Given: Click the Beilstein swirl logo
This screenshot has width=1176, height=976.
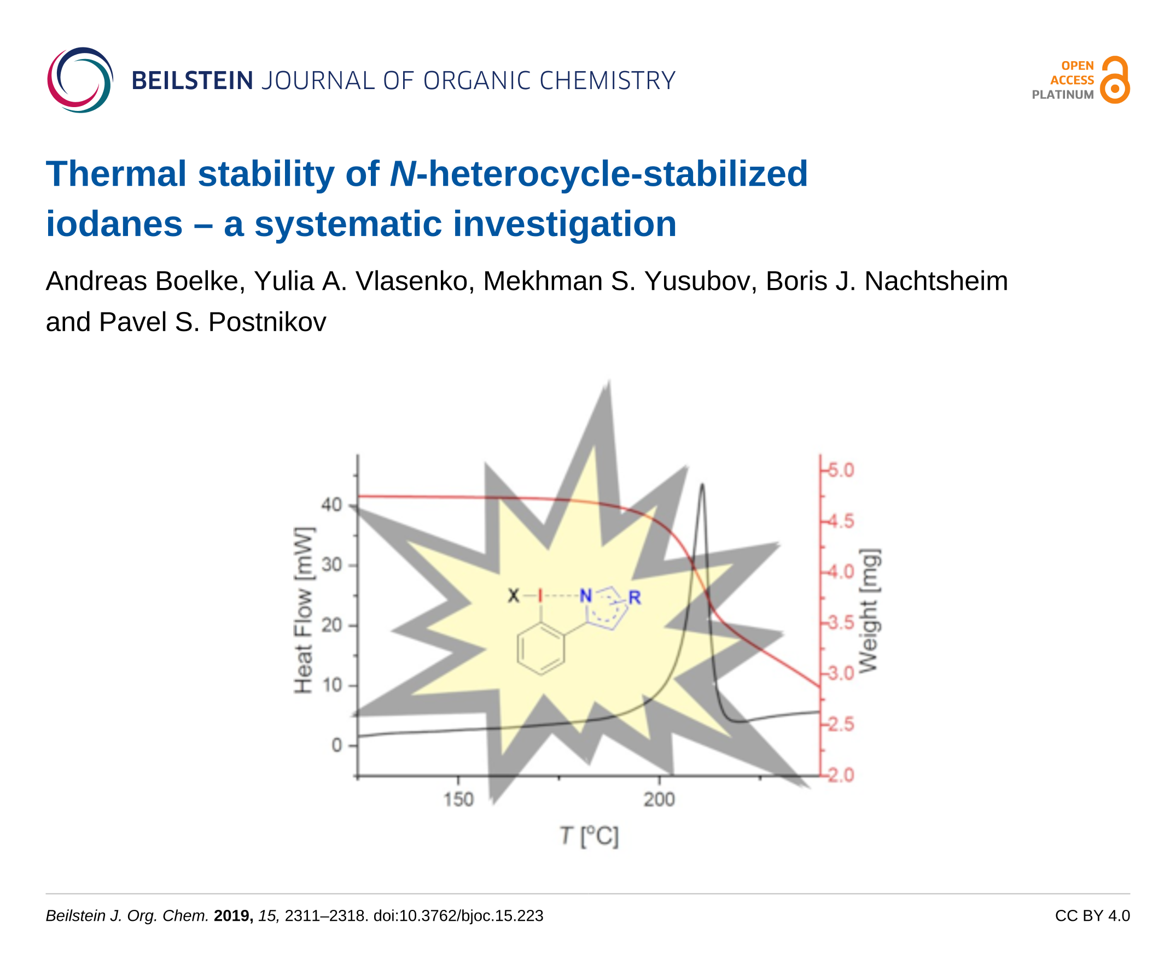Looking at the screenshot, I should [80, 80].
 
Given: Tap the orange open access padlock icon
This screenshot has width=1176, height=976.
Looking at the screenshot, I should [1114, 80].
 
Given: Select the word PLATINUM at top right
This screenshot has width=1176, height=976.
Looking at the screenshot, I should [1062, 95].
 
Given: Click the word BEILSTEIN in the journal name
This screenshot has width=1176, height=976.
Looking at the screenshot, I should [192, 80].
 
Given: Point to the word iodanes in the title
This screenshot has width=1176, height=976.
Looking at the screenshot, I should [114, 224].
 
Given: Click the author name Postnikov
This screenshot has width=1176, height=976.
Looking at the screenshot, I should [267, 322].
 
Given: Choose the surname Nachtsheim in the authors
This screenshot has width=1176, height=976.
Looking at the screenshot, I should [936, 281].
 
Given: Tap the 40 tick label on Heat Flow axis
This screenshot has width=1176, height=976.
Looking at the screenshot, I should [331, 505].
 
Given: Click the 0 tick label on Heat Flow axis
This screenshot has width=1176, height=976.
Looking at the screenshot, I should [336, 745].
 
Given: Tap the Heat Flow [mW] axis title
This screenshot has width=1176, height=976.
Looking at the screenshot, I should [303, 610].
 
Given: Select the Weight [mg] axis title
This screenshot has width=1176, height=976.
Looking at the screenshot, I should [869, 611].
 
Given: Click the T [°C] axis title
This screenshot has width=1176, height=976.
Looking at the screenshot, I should [589, 837].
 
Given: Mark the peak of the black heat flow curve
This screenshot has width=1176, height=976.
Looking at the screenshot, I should [702, 485].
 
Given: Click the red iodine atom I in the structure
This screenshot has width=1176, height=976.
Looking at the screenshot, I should [540, 596].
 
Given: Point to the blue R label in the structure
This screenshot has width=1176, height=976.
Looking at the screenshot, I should [634, 598].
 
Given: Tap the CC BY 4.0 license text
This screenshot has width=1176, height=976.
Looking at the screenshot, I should [1092, 915].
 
